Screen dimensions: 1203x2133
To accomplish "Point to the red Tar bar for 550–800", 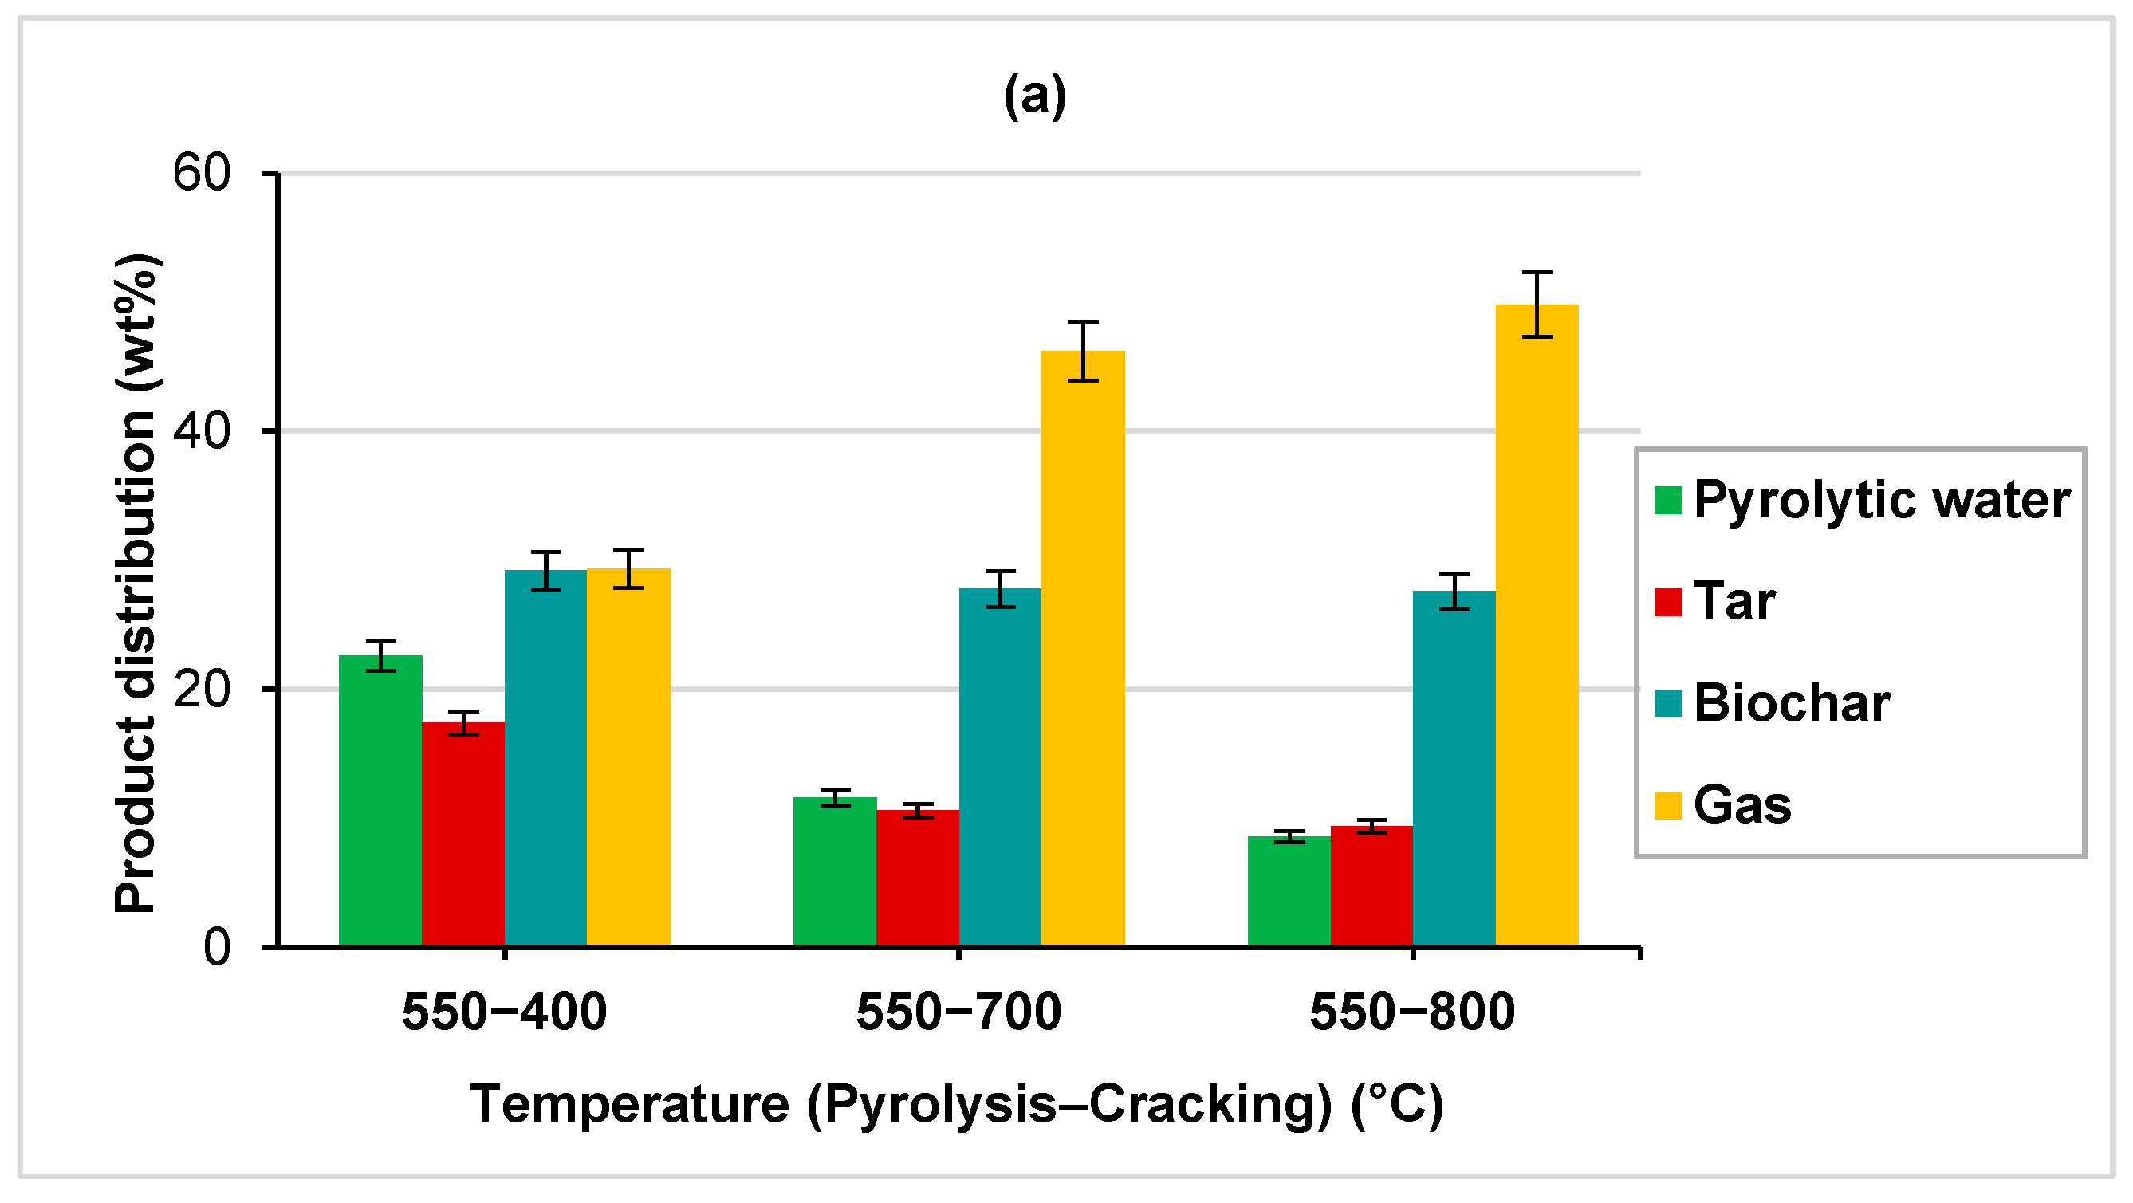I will [1371, 885].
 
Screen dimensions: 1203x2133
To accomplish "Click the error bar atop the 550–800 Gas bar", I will [1537, 304].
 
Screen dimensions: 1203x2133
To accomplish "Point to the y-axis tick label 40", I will [201, 431].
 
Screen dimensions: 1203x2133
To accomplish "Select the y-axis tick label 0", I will [216, 947].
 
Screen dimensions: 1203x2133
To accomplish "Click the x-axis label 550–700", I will [958, 1012].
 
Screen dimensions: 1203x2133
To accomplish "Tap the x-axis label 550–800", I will [1413, 1012].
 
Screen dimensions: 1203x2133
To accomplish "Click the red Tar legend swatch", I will [1667, 602].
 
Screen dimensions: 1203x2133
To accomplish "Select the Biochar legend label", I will [1791, 703].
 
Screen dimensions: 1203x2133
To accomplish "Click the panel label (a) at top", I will [1035, 96].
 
